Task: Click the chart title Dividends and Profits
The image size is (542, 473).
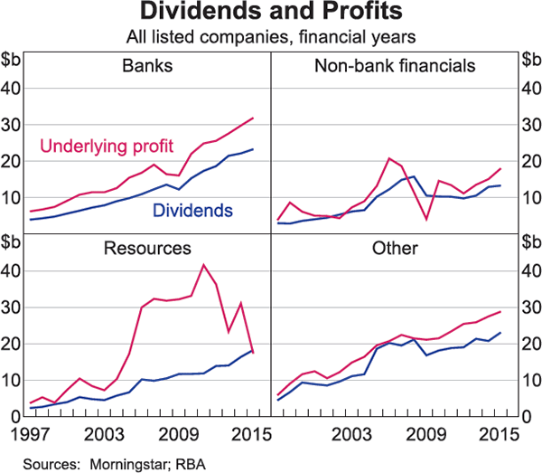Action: [x=271, y=14]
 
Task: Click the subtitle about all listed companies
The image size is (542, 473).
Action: [x=271, y=37]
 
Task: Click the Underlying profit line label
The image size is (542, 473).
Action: [x=110, y=146]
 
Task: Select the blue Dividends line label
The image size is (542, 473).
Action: [x=193, y=210]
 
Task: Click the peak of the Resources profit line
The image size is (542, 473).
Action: [x=203, y=264]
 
